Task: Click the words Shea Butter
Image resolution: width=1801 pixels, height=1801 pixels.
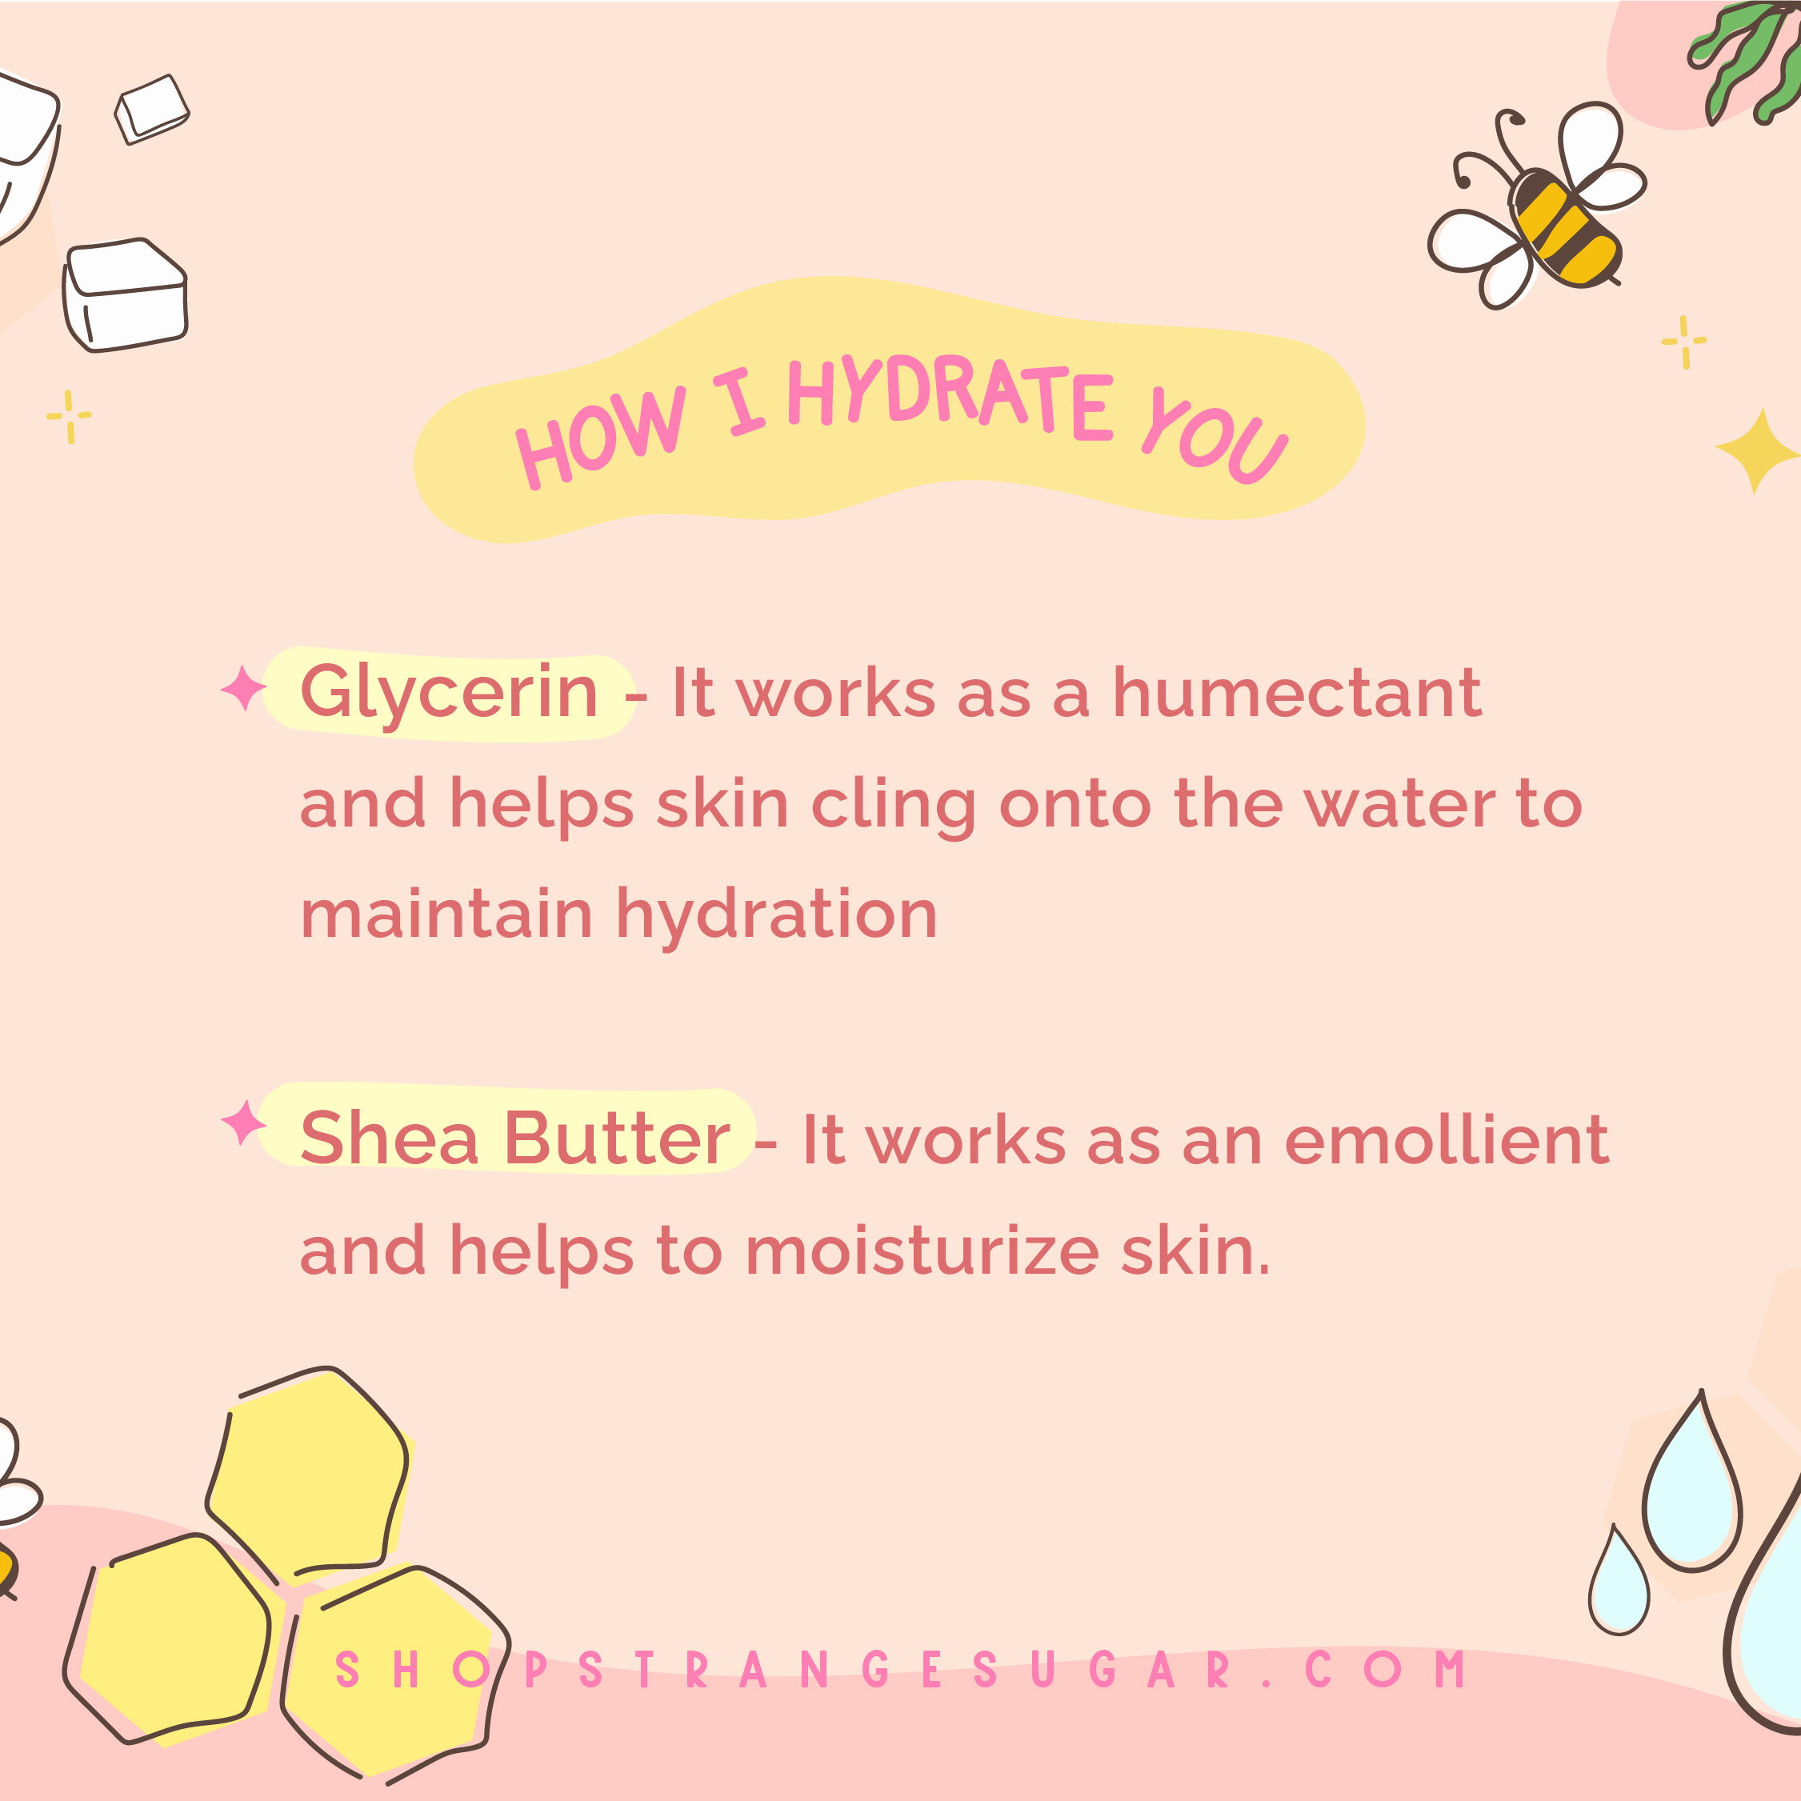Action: (x=515, y=1139)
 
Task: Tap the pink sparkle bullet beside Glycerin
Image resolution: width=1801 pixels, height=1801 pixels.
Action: (x=244, y=689)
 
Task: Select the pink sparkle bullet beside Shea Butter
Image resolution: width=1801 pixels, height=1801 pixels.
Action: (x=244, y=1123)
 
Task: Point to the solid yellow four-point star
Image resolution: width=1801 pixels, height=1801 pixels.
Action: (x=1757, y=450)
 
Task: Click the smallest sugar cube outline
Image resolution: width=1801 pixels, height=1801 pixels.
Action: (x=152, y=109)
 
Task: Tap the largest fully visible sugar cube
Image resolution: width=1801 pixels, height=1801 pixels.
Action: (x=126, y=294)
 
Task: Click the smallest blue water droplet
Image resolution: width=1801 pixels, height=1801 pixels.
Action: (x=1619, y=1580)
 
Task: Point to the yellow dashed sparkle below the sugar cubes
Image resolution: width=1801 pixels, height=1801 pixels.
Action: (x=69, y=416)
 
